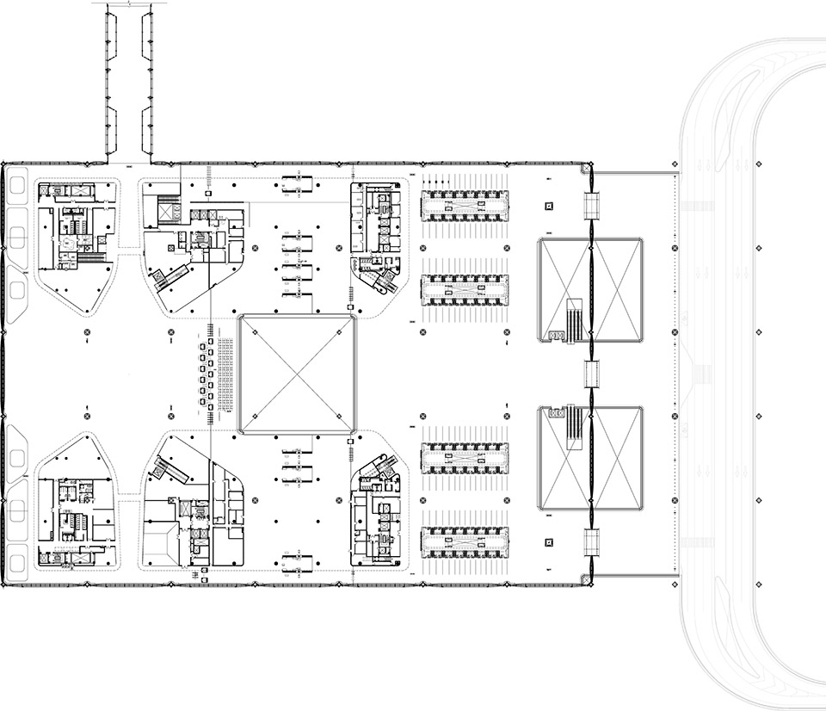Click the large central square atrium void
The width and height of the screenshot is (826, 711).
(x=298, y=373)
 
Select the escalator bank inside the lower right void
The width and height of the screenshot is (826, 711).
(x=575, y=423)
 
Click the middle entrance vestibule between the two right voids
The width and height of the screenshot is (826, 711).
(x=592, y=374)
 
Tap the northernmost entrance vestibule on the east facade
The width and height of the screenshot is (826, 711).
(x=592, y=203)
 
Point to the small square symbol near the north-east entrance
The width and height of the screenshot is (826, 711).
(x=549, y=206)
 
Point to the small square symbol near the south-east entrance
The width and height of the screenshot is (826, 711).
(x=549, y=541)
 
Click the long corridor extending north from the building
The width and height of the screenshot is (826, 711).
(x=130, y=82)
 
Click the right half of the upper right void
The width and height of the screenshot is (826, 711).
(x=618, y=290)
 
